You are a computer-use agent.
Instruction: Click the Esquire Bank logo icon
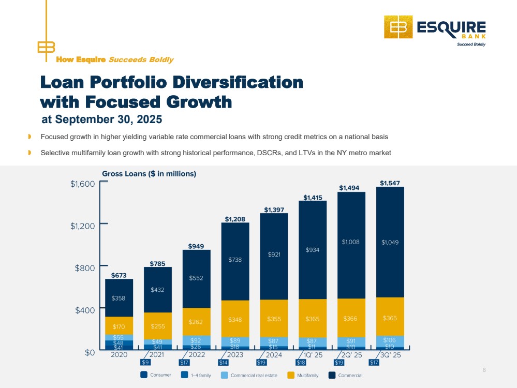(398, 27)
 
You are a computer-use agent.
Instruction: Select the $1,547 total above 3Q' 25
(390, 183)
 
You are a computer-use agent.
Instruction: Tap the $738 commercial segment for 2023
(235, 260)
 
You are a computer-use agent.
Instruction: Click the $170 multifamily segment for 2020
(120, 326)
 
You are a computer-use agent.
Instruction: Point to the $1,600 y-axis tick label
(83, 183)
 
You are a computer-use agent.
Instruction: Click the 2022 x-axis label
(197, 355)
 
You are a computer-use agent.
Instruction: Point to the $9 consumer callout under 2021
(145, 363)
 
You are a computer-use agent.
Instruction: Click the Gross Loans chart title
(149, 174)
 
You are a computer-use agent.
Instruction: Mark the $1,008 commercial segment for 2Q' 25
(351, 242)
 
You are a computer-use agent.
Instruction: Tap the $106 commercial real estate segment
(390, 340)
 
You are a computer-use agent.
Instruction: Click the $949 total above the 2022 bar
(197, 246)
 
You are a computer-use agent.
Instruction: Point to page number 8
(484, 370)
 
